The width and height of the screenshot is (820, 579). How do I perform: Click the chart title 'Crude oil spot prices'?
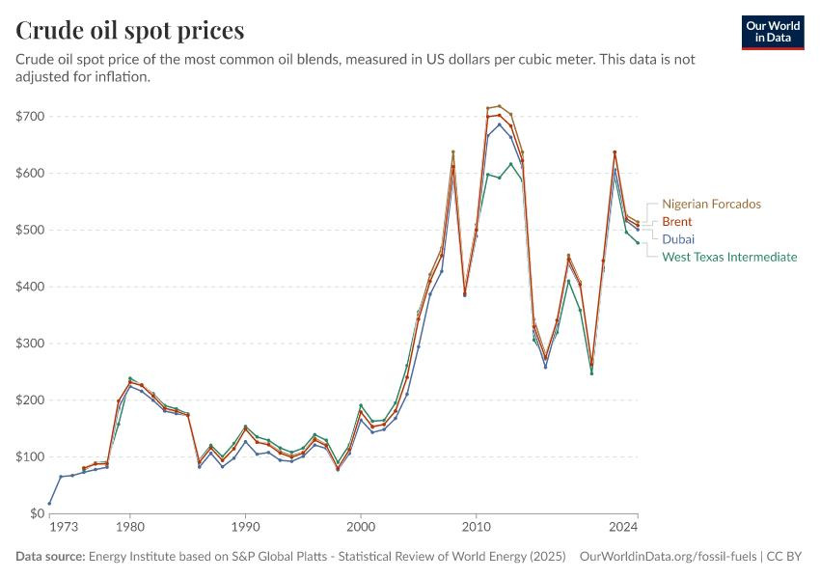129,30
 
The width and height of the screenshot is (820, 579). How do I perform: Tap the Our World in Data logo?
773,33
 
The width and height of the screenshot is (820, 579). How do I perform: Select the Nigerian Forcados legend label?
711,204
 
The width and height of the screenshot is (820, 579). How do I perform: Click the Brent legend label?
676,222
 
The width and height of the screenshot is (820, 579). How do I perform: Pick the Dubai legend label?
678,239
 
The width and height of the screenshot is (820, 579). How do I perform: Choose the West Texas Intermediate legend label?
729,257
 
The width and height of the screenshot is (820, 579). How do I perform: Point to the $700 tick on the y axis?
30,116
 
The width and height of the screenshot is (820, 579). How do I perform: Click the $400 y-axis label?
30,287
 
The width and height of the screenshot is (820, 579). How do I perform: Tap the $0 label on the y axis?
37,513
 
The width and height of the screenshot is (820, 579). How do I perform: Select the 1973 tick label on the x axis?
64,527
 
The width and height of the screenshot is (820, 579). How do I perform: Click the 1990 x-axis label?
245,527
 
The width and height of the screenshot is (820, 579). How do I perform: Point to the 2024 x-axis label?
623,527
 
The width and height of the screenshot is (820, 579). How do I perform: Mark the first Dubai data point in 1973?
49,503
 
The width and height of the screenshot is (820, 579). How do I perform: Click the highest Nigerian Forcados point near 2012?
499,106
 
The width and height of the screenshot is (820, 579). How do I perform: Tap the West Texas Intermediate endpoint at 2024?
638,242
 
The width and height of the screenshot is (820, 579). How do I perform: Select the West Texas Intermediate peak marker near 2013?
511,164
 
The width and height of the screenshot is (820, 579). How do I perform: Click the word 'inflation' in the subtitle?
121,77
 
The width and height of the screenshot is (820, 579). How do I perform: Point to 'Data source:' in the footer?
50,556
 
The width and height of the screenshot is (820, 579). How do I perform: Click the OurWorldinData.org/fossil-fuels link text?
668,556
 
